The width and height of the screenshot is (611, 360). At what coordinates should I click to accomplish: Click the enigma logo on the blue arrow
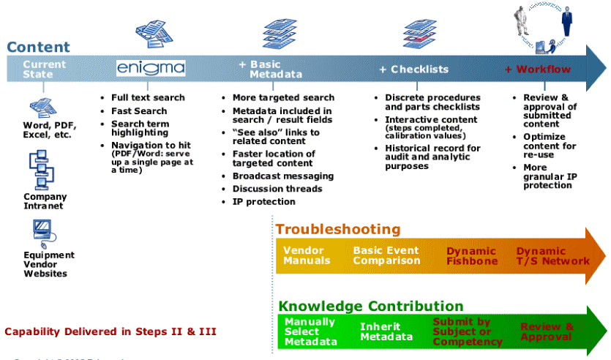point(151,68)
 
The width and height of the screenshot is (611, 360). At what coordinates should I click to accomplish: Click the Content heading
point(38,48)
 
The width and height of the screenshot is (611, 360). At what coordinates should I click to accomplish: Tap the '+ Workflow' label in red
point(538,70)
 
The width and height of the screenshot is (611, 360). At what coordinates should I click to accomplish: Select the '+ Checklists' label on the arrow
point(413,70)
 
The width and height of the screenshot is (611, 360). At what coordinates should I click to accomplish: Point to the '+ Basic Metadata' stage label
point(271,70)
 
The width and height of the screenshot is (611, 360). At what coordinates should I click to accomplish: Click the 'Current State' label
point(44,70)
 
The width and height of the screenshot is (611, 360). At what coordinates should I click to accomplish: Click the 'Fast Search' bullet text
point(139,110)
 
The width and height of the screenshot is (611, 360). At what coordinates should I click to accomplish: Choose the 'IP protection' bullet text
point(263,201)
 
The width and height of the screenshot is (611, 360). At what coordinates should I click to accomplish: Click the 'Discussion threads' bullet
point(277,189)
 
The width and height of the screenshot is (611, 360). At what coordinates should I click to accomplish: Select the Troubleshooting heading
point(338,229)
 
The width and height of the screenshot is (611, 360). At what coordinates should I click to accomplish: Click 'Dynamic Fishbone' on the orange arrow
point(472,256)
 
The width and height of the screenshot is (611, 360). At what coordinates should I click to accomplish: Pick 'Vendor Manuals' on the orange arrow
point(307,255)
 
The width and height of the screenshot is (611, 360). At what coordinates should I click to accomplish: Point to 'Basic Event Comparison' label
point(386,255)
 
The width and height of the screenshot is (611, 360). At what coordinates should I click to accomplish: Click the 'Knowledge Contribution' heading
point(370,306)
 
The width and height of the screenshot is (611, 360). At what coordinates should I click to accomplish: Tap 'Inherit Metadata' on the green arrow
point(386,331)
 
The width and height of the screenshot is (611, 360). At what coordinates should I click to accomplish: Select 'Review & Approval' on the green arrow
point(547,331)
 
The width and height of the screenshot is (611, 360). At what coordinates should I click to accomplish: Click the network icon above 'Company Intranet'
point(42,170)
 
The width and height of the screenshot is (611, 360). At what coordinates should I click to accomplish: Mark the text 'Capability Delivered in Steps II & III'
point(110,331)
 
